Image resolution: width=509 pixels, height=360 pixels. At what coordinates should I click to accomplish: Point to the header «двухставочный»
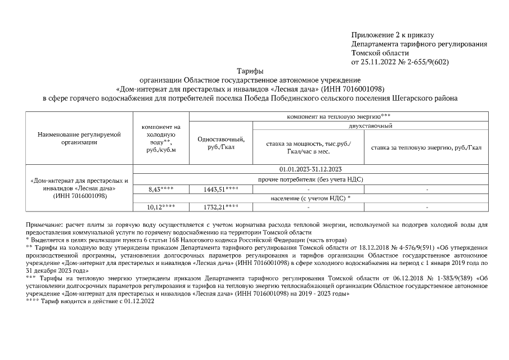click(370, 126)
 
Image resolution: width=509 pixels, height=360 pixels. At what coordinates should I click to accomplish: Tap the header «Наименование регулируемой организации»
click(79, 138)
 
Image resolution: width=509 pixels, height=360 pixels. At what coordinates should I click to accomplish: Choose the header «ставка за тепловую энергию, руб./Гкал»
click(425, 147)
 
